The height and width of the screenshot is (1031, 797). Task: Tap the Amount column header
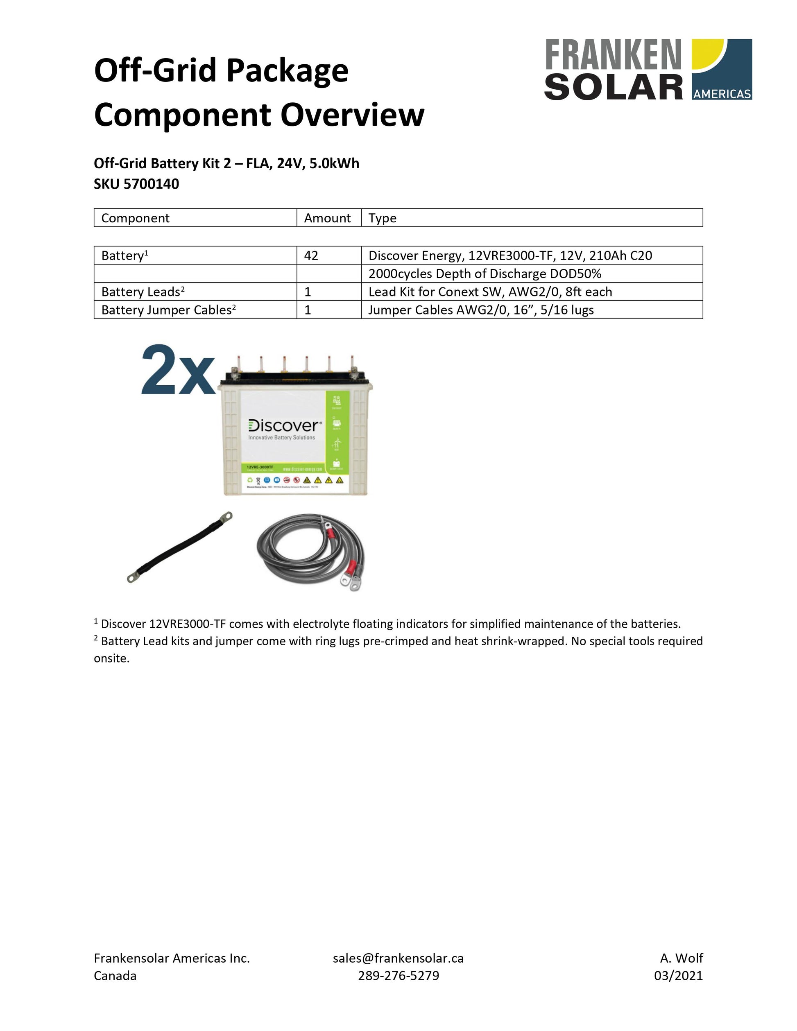tap(327, 218)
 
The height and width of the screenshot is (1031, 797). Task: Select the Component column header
tap(135, 218)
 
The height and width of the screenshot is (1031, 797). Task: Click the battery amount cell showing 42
tap(311, 255)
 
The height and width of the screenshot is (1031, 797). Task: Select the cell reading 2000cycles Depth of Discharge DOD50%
tap(485, 274)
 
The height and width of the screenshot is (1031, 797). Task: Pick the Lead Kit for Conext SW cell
tap(490, 292)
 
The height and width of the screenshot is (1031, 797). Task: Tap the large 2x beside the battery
tap(177, 371)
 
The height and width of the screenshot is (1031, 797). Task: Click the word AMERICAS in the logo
tap(722, 94)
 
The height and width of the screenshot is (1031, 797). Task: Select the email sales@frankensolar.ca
tap(398, 958)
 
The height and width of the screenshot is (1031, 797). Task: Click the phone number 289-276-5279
tap(398, 975)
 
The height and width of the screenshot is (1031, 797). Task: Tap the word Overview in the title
tap(352, 115)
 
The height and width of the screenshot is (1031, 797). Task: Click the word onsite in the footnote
tap(111, 658)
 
